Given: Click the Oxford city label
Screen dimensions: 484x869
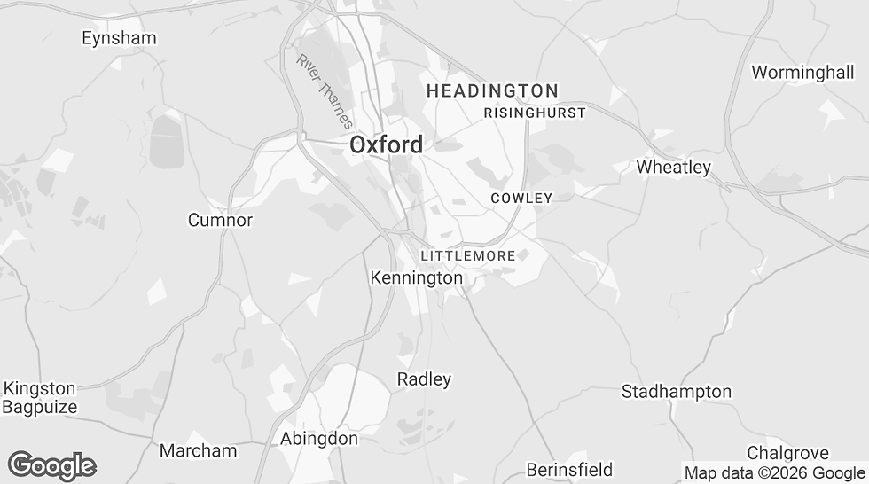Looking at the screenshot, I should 386,144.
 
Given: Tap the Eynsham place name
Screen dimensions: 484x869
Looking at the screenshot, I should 119,38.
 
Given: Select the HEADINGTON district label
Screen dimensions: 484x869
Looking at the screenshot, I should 492,90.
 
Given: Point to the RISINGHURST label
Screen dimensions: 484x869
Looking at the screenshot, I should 535,113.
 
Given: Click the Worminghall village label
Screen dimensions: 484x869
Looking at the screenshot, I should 802,73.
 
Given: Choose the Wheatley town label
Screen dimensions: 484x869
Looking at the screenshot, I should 674,167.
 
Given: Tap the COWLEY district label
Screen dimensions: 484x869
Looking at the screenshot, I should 521,199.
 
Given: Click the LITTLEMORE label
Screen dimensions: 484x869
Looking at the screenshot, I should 468,256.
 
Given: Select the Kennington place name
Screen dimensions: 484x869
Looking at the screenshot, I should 416,278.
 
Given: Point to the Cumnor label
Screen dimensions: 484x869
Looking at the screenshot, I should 220,220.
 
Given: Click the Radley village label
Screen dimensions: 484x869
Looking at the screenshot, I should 424,379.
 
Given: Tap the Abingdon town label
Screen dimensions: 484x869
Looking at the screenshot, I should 319,439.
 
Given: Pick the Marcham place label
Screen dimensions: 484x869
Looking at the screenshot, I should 198,450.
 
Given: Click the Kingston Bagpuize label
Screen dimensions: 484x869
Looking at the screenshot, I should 40,398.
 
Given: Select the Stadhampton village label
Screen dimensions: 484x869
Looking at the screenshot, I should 677,391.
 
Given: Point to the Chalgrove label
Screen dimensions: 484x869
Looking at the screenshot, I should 787,453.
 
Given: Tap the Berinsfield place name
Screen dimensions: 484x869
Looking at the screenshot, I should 569,469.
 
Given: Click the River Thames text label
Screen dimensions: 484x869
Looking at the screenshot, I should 325,91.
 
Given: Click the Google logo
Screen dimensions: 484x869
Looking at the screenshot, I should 51,465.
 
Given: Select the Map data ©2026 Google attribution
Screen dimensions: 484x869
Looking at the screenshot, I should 774,473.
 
